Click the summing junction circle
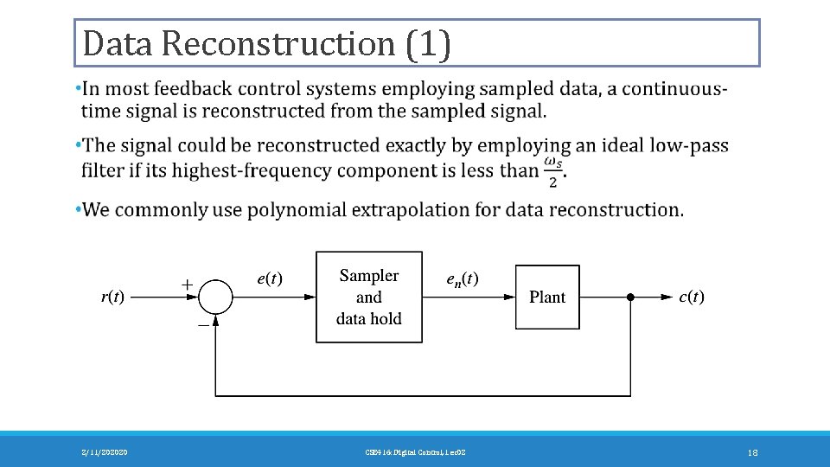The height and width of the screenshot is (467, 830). (216, 297)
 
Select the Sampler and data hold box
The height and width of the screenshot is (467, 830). (369, 297)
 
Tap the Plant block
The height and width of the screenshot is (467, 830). (547, 297)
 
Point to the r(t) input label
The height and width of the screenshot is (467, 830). (112, 297)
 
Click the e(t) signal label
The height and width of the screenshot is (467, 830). (270, 278)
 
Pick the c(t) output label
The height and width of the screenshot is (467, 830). (692, 297)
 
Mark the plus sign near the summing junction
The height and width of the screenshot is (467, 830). (186, 283)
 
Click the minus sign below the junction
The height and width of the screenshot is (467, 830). (202, 324)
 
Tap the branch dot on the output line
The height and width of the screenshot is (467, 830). (630, 297)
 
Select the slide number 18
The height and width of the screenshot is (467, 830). (752, 451)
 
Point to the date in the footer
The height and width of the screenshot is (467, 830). (103, 451)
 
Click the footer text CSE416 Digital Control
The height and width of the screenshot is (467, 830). (416, 451)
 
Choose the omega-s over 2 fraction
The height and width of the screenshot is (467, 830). (553, 170)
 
